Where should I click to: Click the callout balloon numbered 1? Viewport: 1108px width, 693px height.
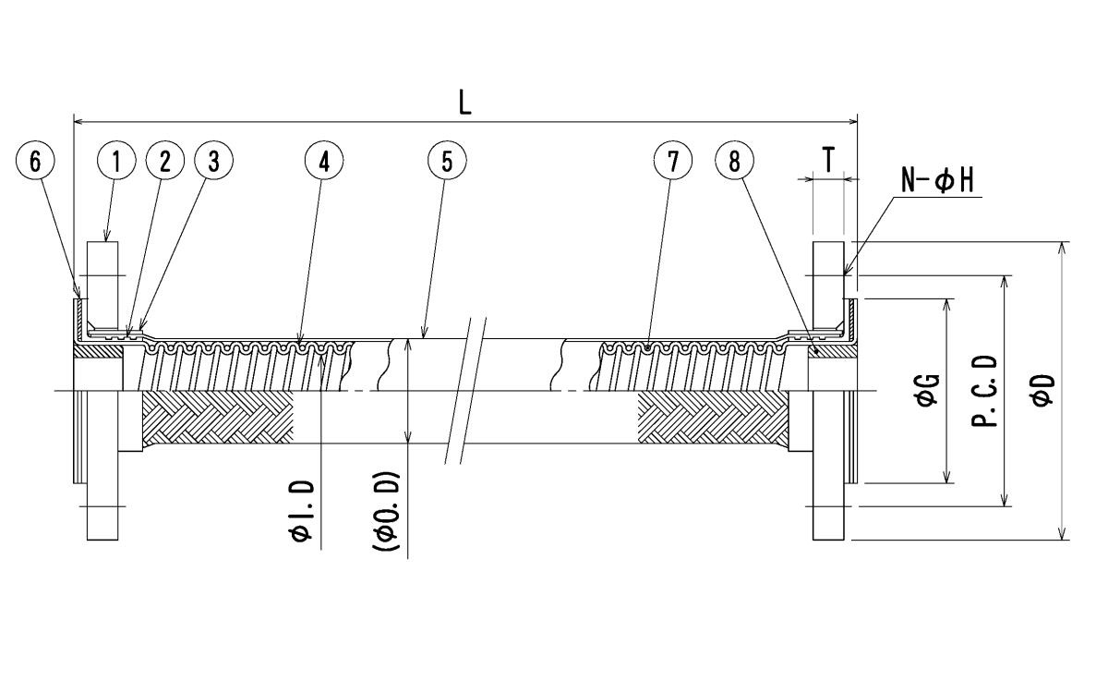[x=116, y=161]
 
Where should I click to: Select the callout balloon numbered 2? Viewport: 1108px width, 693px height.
[x=165, y=161]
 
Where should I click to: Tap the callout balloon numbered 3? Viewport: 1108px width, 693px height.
[x=213, y=161]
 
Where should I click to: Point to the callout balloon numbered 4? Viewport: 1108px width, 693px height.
[x=323, y=161]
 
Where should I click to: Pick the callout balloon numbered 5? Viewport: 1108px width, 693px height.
[x=447, y=161]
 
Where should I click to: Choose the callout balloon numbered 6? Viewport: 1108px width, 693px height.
[x=35, y=161]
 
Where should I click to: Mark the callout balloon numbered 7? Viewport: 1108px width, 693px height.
[x=672, y=161]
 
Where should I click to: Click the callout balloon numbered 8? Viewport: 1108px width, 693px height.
[x=734, y=161]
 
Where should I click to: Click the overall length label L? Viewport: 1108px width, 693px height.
[x=466, y=103]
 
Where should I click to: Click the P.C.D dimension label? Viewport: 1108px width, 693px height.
[x=984, y=391]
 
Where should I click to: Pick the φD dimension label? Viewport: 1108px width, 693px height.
[x=1042, y=391]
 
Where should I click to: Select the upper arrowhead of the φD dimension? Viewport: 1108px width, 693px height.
[x=1064, y=249]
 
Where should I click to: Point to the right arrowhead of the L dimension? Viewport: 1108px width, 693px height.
[x=852, y=120]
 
